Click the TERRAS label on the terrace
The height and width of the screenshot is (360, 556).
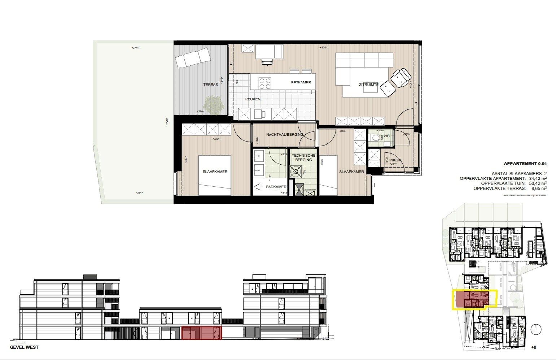point(210,84)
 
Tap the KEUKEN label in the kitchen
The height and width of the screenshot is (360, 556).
point(253,99)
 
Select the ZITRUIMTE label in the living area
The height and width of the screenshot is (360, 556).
point(368,84)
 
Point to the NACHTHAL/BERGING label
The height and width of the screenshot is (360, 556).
point(285,135)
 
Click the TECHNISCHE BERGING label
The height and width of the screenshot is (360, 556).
point(303,157)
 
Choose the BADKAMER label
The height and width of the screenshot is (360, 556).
point(276,187)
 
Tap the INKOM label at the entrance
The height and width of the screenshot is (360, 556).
point(395,160)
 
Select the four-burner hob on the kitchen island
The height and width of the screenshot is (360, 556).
point(265,83)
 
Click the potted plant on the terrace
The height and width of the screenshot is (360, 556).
point(213,105)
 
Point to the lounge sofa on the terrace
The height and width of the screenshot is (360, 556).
point(193,58)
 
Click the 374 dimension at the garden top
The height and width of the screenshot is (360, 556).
point(135,48)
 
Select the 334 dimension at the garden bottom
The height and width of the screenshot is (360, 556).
point(139,193)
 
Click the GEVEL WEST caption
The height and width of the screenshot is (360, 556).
point(24,347)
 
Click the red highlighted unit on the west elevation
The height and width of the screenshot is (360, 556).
point(201,333)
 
